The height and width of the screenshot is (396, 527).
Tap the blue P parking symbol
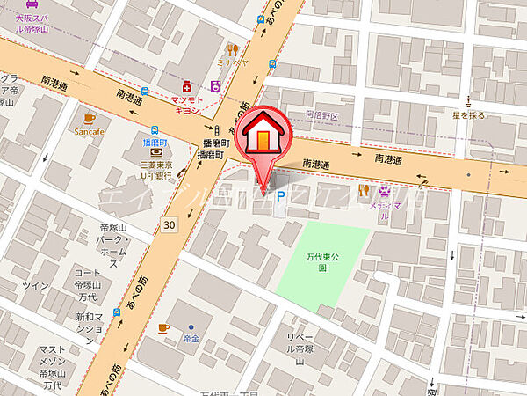(x=281, y=198)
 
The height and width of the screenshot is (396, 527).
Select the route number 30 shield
(x=170, y=226)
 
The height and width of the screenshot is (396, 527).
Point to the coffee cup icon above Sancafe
(x=89, y=118)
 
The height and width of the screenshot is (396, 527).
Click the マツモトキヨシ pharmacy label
(x=185, y=105)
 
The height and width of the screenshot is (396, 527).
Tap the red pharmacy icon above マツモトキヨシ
(x=186, y=86)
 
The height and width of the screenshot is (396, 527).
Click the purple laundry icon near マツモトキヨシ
(x=215, y=86)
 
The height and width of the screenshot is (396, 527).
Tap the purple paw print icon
(x=385, y=189)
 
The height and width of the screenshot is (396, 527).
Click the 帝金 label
(x=191, y=339)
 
